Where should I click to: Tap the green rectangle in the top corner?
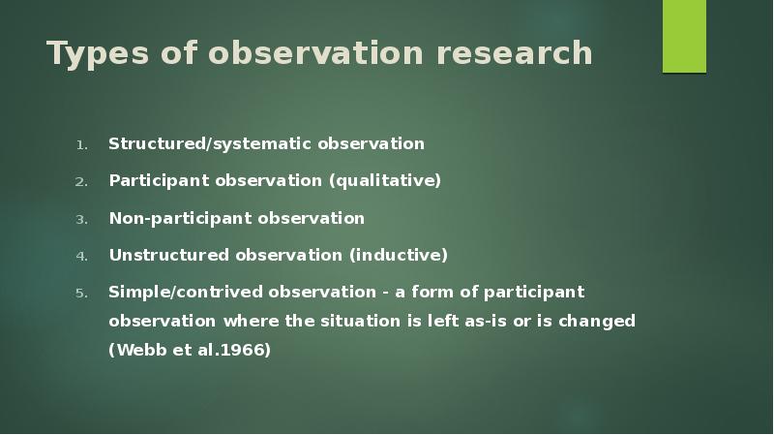coord(684,37)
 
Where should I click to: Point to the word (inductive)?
coord(399,256)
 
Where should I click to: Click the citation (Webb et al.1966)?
coord(190,350)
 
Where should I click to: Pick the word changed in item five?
coord(600,321)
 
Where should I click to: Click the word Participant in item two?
coord(155,181)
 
